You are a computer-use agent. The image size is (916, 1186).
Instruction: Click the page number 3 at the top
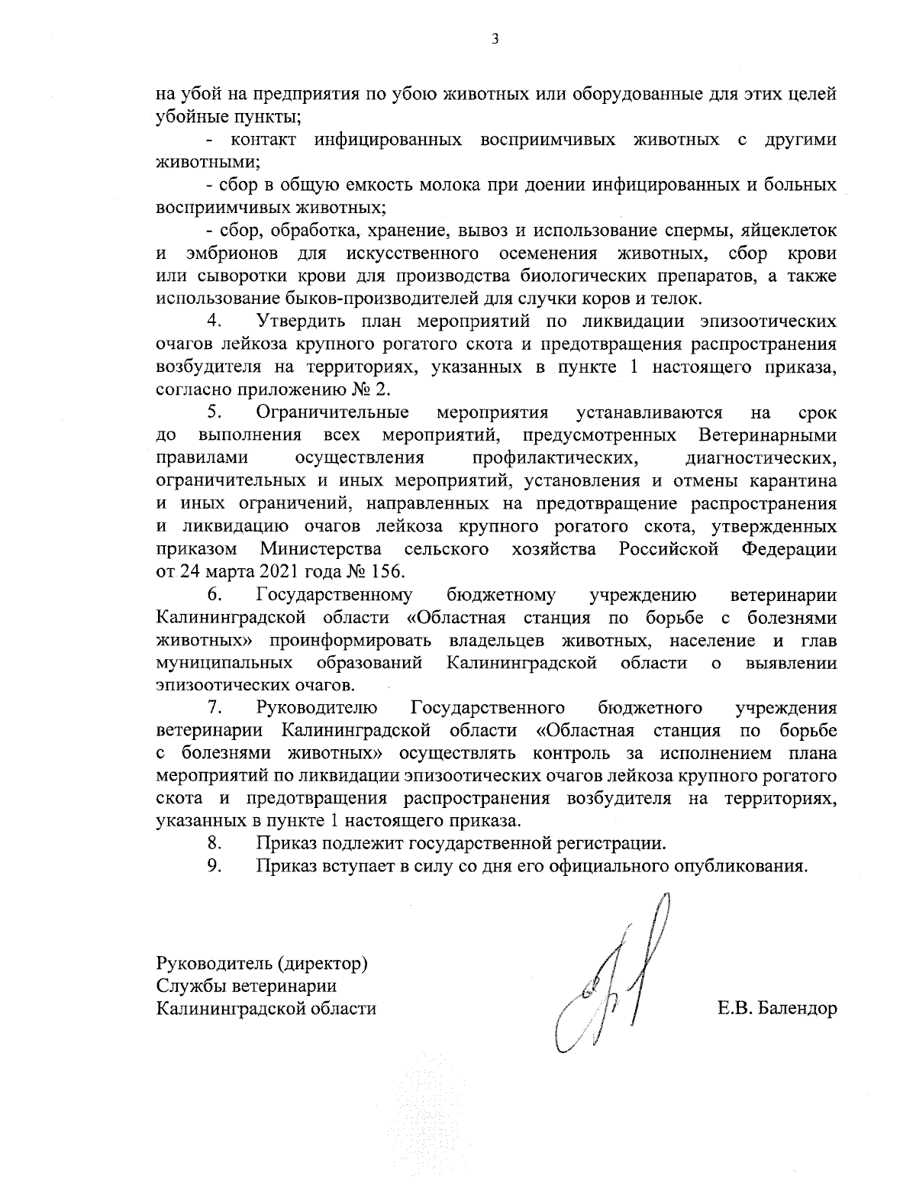tap(495, 39)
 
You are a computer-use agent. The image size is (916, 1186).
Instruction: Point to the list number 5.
tap(214, 413)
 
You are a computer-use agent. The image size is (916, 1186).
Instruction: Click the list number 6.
tap(214, 595)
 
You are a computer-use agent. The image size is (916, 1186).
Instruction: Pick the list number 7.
tap(214, 708)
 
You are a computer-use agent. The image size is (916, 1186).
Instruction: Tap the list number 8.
tap(214, 844)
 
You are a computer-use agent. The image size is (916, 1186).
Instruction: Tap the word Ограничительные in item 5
tap(333, 413)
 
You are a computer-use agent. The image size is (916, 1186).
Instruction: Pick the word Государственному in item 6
tap(335, 595)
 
